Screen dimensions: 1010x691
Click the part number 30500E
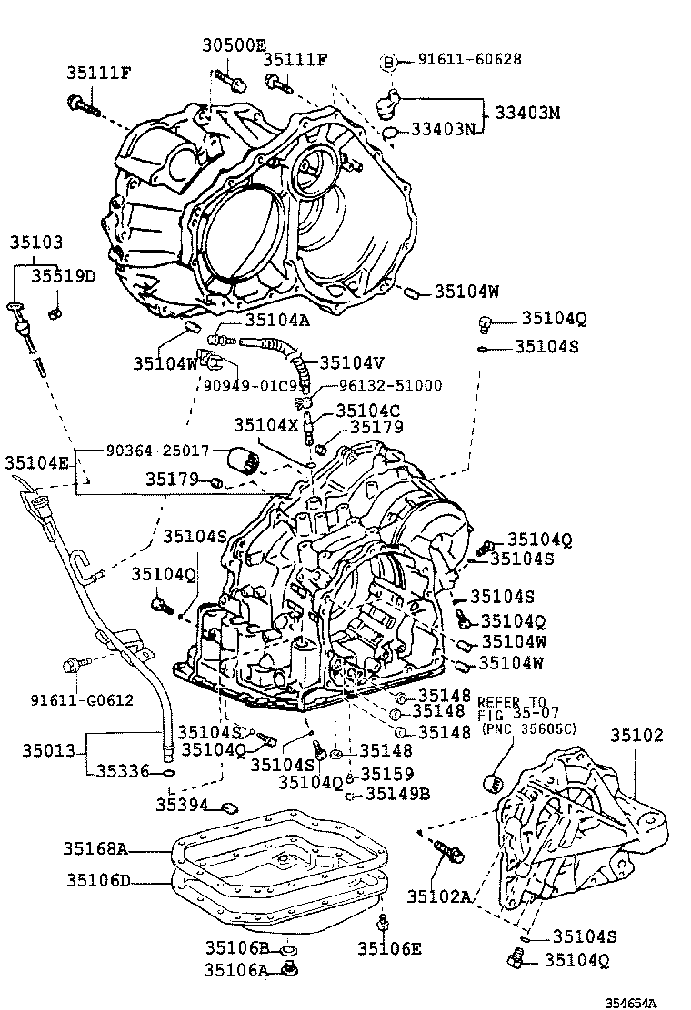(234, 45)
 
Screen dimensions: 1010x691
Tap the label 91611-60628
(469, 60)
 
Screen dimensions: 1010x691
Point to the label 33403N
(443, 130)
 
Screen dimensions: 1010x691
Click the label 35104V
(352, 361)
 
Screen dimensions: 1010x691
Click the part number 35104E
(36, 462)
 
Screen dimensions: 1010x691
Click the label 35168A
(95, 849)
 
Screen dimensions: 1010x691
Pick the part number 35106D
(98, 880)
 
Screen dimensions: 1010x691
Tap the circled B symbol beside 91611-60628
(389, 62)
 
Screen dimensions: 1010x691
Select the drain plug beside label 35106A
(292, 971)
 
